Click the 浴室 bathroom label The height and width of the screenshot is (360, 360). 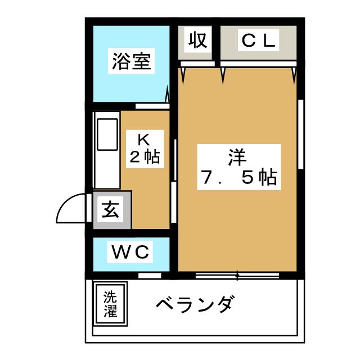click(131, 61)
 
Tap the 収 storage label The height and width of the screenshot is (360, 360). click(197, 40)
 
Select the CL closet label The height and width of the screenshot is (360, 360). click(258, 40)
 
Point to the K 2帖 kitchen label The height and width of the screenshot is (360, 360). click(145, 149)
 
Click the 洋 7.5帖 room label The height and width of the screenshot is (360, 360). click(239, 167)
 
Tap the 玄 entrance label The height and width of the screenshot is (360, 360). click(110, 209)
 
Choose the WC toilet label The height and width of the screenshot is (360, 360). click(130, 252)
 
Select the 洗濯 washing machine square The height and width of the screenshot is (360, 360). click(110, 304)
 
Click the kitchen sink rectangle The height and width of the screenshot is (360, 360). click(107, 134)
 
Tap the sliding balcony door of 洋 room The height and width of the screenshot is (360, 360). click(237, 275)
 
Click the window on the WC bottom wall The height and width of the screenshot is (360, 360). click(150, 275)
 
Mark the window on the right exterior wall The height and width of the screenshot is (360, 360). click(301, 134)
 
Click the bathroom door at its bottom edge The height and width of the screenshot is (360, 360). click(152, 106)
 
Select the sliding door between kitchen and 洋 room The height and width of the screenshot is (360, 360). click(174, 181)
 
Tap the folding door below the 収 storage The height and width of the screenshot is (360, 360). click(197, 64)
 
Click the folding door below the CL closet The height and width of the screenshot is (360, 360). click(259, 64)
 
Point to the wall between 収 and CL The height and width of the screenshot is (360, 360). click(216, 43)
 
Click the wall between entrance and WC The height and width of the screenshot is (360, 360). click(131, 233)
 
